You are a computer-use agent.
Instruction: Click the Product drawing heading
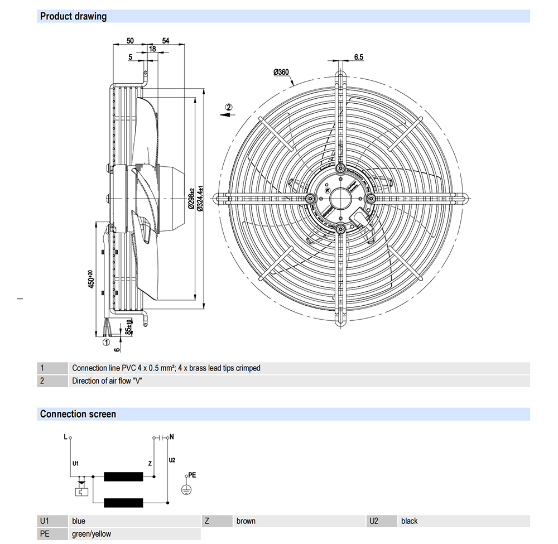(73, 16)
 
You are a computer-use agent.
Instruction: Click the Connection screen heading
(78, 414)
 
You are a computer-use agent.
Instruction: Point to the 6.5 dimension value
(358, 57)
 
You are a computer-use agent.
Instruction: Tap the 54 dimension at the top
(166, 41)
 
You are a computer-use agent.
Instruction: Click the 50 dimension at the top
(129, 41)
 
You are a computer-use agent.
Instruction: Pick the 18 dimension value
(152, 49)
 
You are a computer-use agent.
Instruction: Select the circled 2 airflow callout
(228, 107)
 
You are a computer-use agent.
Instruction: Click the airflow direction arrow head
(223, 114)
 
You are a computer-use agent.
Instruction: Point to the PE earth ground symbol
(186, 488)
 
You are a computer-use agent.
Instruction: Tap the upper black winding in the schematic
(124, 477)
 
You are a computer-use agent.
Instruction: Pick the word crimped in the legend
(248, 368)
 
